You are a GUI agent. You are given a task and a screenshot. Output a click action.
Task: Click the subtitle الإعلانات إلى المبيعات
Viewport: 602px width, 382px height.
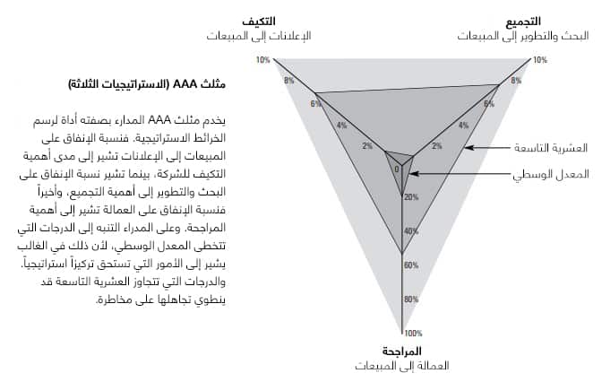[x=258, y=36]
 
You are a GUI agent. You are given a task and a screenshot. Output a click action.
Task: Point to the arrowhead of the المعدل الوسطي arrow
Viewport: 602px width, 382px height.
[x=411, y=175]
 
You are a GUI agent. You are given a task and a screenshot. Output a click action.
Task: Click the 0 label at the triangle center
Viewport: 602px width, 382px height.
[x=396, y=168]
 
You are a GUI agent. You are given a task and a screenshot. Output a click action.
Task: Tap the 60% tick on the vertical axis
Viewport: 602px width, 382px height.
[x=411, y=265]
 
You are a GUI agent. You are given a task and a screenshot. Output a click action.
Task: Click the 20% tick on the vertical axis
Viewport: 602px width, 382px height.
[x=411, y=196]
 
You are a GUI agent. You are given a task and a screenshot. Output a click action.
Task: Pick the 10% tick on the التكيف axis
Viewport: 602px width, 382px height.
[x=262, y=60]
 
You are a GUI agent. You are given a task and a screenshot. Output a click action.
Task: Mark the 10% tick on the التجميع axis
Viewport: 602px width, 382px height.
[x=539, y=60]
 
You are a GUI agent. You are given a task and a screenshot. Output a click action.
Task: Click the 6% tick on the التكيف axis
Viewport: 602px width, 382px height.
[x=315, y=103]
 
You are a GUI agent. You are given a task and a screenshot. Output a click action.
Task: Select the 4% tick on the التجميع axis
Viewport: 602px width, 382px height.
[x=463, y=125]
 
